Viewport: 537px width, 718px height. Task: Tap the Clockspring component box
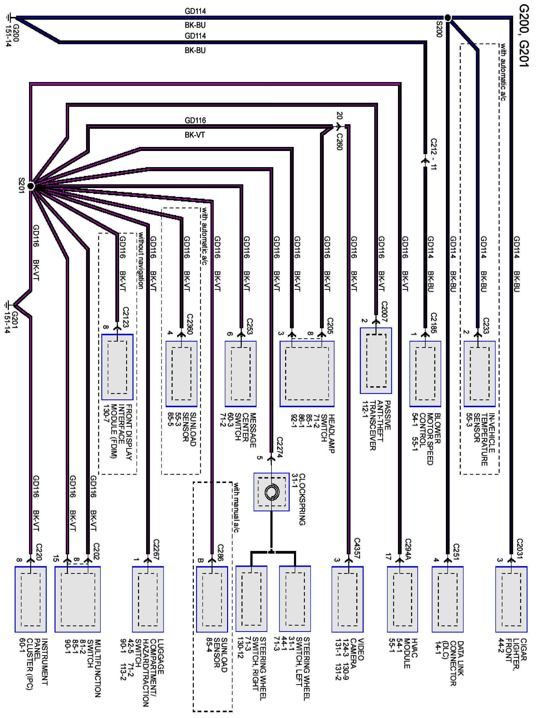pyautogui.click(x=271, y=492)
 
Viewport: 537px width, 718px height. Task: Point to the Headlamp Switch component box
pyautogui.click(x=307, y=374)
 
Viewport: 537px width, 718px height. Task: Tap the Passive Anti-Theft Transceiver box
pyautogui.click(x=376, y=361)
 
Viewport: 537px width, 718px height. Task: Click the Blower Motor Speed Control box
pyautogui.click(x=425, y=374)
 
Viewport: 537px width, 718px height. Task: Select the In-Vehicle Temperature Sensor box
pyautogui.click(x=479, y=374)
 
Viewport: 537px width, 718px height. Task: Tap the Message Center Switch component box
pyautogui.click(x=240, y=374)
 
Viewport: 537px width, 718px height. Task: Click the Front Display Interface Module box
pyautogui.click(x=117, y=367)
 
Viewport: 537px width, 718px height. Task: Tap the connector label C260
pyautogui.click(x=339, y=142)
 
